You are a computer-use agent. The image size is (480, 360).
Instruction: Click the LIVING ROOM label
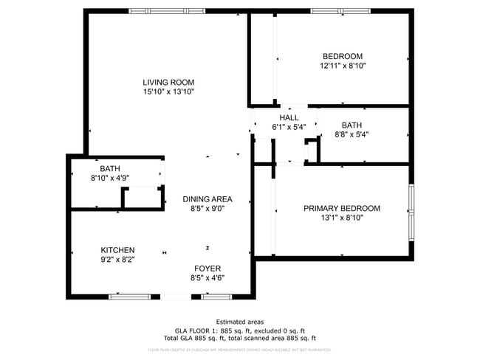[x=168, y=82]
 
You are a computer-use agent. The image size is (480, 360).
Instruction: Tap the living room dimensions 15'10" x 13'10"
[x=168, y=92]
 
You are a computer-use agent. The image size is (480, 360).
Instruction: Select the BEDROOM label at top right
[x=343, y=56]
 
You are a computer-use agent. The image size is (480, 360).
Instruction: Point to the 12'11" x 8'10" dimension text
[x=343, y=66]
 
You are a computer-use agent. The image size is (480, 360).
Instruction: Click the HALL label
[x=289, y=117]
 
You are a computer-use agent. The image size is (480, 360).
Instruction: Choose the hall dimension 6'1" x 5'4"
[x=289, y=127]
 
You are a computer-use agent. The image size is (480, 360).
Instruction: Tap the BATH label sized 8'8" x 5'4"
[x=352, y=125]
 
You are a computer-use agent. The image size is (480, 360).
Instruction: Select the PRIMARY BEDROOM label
[x=342, y=209]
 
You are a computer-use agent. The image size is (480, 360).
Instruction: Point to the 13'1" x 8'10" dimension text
[x=342, y=218]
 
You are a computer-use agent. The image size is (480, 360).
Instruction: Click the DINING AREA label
[x=208, y=199]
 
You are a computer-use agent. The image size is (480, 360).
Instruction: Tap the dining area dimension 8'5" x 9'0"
[x=208, y=209]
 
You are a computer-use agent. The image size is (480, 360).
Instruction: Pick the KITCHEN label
[x=118, y=250]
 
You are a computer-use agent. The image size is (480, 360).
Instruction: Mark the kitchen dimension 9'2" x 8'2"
[x=118, y=260]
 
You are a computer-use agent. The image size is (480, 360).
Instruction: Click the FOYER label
[x=208, y=269]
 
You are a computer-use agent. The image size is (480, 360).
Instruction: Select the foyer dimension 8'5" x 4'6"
[x=208, y=278]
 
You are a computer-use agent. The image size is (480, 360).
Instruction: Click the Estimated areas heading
[x=239, y=322]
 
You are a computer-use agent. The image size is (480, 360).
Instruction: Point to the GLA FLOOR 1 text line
[x=239, y=330]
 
